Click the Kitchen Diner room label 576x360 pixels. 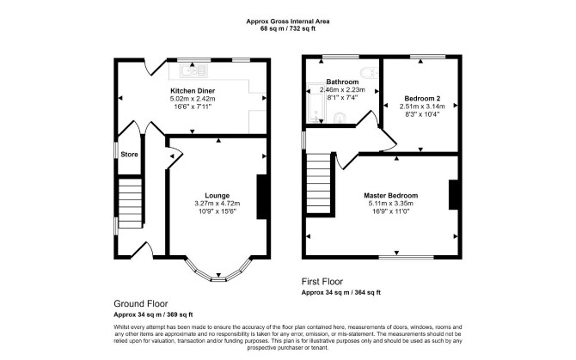(193, 90)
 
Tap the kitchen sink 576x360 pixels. (193, 70)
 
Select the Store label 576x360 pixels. (129, 155)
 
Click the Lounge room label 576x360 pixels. (218, 196)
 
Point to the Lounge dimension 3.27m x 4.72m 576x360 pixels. (218, 204)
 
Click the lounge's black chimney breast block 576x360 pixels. (261, 197)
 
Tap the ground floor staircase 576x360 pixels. (130, 204)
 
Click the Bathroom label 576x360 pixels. (342, 82)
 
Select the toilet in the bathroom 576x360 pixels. (369, 73)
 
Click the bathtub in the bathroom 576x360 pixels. (316, 103)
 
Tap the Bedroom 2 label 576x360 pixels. (422, 98)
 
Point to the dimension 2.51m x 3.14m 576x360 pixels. (422, 107)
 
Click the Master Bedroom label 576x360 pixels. (391, 196)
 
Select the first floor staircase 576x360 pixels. (319, 183)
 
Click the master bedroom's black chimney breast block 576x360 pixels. (453, 194)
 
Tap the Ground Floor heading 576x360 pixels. (141, 303)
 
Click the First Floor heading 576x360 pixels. (322, 282)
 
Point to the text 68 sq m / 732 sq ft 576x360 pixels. (288, 29)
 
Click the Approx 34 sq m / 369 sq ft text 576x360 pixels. (153, 314)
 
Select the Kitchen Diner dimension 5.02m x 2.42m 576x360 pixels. (193, 99)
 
